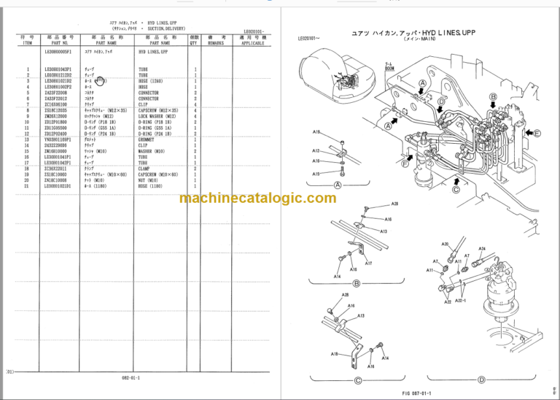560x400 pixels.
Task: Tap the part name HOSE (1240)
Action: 151,82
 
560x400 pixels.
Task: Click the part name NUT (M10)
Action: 148,181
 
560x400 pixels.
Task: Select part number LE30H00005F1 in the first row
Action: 60,53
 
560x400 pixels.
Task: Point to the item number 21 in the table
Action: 27,186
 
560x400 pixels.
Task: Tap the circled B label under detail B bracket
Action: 357,283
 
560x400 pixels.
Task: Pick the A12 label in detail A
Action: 316,150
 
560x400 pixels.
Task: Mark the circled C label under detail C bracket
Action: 357,379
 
